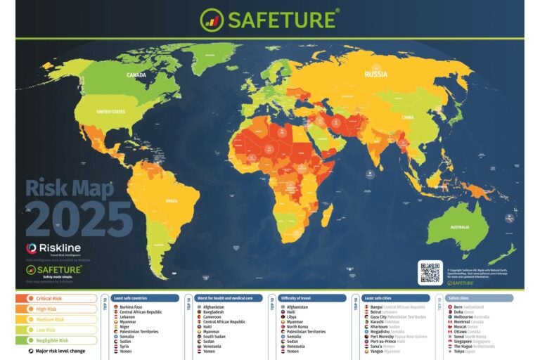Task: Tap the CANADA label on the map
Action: tap(136, 75)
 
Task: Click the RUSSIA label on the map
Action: tap(376, 74)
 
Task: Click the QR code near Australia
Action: tap(430, 272)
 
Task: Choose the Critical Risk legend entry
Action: tap(56, 298)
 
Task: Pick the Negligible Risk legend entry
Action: tap(56, 339)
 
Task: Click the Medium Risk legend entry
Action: tap(56, 319)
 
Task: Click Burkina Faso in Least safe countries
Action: tap(132, 307)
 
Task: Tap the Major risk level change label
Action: tap(60, 350)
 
